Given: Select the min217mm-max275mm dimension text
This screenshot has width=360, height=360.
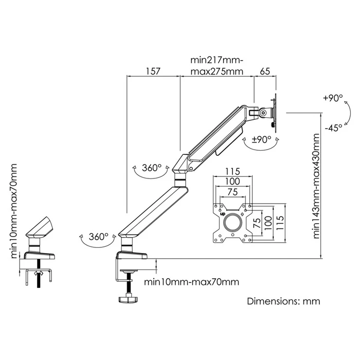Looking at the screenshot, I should click(217, 66).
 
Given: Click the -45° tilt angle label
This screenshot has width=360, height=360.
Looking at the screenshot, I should click(333, 129).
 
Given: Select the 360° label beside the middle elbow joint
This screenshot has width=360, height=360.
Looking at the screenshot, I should click(152, 167).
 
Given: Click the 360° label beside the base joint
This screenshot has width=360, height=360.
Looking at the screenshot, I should click(98, 237).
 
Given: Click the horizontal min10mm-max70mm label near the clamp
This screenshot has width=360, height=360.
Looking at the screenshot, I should click(191, 282).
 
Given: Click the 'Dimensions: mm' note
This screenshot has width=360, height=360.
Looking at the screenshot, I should click(283, 301).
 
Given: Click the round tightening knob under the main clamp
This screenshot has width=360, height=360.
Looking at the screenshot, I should click(129, 298).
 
